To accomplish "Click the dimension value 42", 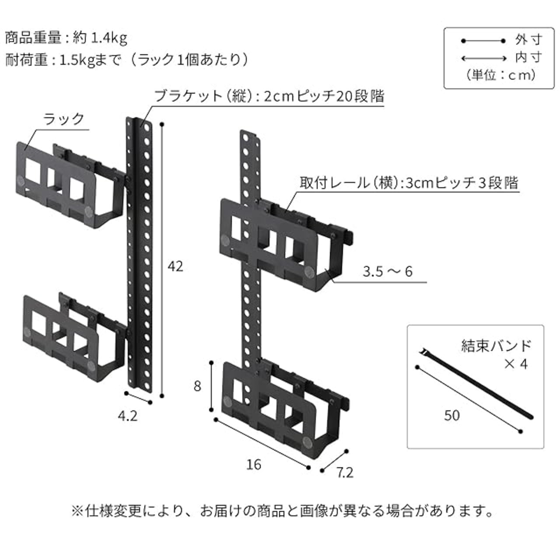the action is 175,266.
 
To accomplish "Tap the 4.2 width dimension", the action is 128,416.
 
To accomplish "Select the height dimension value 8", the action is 197,386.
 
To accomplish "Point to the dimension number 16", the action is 254,464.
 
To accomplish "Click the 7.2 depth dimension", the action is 345,473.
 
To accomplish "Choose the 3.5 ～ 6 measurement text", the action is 387,271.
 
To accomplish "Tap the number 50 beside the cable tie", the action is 452,415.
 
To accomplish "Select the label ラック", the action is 63,119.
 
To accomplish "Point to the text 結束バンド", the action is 496,346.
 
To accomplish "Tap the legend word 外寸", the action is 528,40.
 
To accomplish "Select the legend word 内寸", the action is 528,58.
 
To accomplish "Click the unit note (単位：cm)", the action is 500,75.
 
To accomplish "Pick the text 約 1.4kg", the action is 100,38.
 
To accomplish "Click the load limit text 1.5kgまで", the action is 90,61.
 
